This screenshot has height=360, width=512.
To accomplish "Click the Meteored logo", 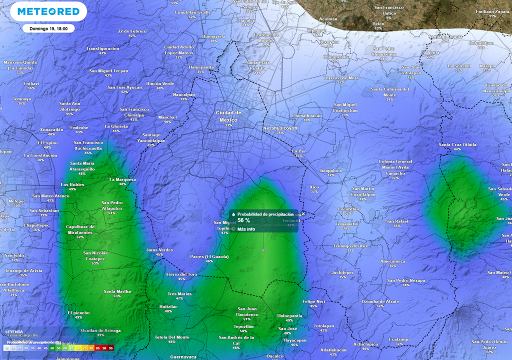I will (x=48, y=11).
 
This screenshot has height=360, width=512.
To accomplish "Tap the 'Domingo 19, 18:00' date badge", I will (x=48, y=28).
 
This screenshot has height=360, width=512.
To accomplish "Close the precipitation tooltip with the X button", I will (x=303, y=213).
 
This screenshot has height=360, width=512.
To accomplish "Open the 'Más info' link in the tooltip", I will (x=245, y=229).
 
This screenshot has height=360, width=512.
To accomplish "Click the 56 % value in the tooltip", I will (x=244, y=220).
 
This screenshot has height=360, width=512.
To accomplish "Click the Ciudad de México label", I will (x=228, y=116).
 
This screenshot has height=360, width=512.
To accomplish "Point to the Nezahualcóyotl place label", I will (x=280, y=128).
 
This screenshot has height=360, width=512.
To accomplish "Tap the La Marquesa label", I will (x=122, y=179).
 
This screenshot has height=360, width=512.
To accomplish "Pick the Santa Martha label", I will (x=117, y=291).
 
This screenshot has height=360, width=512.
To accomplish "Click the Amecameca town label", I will (x=392, y=261).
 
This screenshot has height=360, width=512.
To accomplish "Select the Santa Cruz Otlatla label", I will (x=457, y=144).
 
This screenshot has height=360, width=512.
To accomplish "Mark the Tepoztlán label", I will (x=243, y=326).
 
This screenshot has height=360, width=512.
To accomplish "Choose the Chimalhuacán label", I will (x=306, y=115).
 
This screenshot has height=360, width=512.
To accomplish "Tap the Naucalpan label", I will (x=183, y=94).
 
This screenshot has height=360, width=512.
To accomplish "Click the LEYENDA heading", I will (x=14, y=331).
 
